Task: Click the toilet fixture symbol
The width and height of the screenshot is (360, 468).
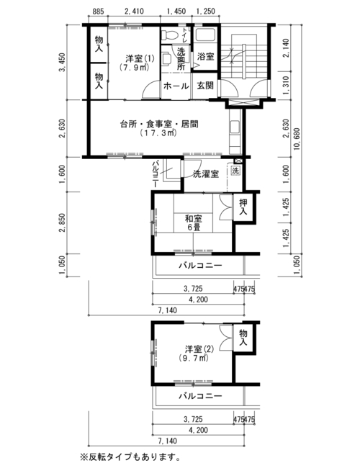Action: [x=169, y=35]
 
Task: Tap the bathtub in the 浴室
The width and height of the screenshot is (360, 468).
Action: [x=206, y=35]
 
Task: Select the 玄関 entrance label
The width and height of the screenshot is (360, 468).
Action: [x=205, y=86]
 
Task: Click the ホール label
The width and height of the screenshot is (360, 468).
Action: [x=176, y=86]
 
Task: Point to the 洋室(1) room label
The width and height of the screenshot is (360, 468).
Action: [x=140, y=58]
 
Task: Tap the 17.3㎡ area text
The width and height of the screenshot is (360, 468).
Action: [x=159, y=132]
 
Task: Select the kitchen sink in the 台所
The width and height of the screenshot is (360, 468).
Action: [x=235, y=127]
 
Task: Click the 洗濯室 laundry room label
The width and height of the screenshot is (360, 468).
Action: [x=206, y=174]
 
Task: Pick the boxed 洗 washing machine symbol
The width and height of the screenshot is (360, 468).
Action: [x=236, y=171]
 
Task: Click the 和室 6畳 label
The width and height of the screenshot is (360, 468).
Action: [x=194, y=223]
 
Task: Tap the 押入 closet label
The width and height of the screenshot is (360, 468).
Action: [x=243, y=207]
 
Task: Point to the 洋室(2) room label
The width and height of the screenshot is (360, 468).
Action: [x=199, y=348]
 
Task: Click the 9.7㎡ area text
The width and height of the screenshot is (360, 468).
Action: [x=194, y=358]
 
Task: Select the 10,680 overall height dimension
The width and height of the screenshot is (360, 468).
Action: [x=297, y=139]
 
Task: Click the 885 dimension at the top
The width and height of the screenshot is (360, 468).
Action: [x=98, y=12]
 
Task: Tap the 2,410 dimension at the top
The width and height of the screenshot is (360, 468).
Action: [x=134, y=12]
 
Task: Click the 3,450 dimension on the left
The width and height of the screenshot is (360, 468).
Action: [x=63, y=63]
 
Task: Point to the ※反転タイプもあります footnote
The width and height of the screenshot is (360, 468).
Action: [x=130, y=456]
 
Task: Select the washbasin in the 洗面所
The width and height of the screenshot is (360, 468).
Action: [x=166, y=59]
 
